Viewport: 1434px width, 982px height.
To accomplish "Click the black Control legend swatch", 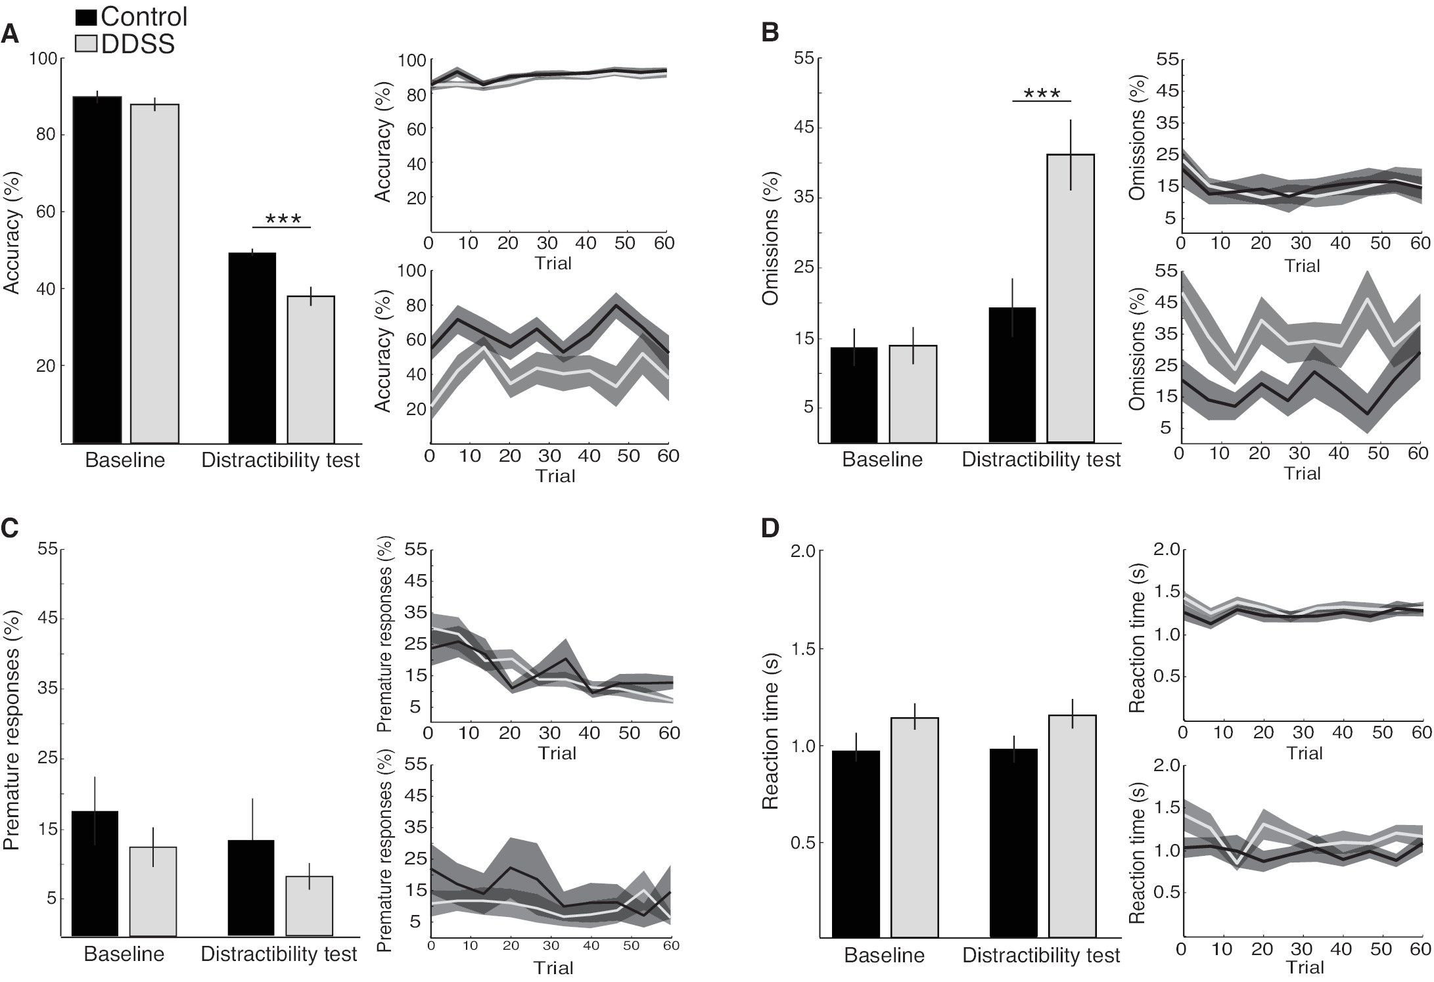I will [x=87, y=17].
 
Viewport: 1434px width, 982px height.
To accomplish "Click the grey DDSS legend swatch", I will [x=87, y=44].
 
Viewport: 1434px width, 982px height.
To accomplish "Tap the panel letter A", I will [x=10, y=33].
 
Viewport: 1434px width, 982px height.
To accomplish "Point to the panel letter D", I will [x=770, y=528].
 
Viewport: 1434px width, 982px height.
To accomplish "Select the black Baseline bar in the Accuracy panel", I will [x=97, y=269].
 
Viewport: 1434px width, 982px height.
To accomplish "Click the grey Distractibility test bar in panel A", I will [x=311, y=369].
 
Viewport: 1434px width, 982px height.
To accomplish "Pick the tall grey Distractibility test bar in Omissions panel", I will [x=1071, y=298].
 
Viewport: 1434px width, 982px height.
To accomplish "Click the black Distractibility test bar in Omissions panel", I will [x=1012, y=374].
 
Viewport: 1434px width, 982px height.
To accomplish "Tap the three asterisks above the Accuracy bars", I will [x=283, y=218].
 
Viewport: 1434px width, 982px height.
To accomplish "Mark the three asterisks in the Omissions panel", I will [x=1042, y=93].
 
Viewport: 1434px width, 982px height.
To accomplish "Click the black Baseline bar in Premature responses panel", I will [x=95, y=874].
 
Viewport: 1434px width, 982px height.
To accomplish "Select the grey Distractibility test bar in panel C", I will [x=310, y=906].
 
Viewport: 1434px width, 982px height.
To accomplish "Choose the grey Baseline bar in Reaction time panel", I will [x=914, y=827].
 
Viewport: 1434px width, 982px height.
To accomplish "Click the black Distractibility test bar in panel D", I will [x=1013, y=843].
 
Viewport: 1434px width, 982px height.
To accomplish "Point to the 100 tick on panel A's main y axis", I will [x=43, y=58].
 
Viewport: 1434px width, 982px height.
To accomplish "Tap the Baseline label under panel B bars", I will [x=882, y=459].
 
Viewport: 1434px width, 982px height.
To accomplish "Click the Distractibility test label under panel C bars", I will [x=279, y=954].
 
